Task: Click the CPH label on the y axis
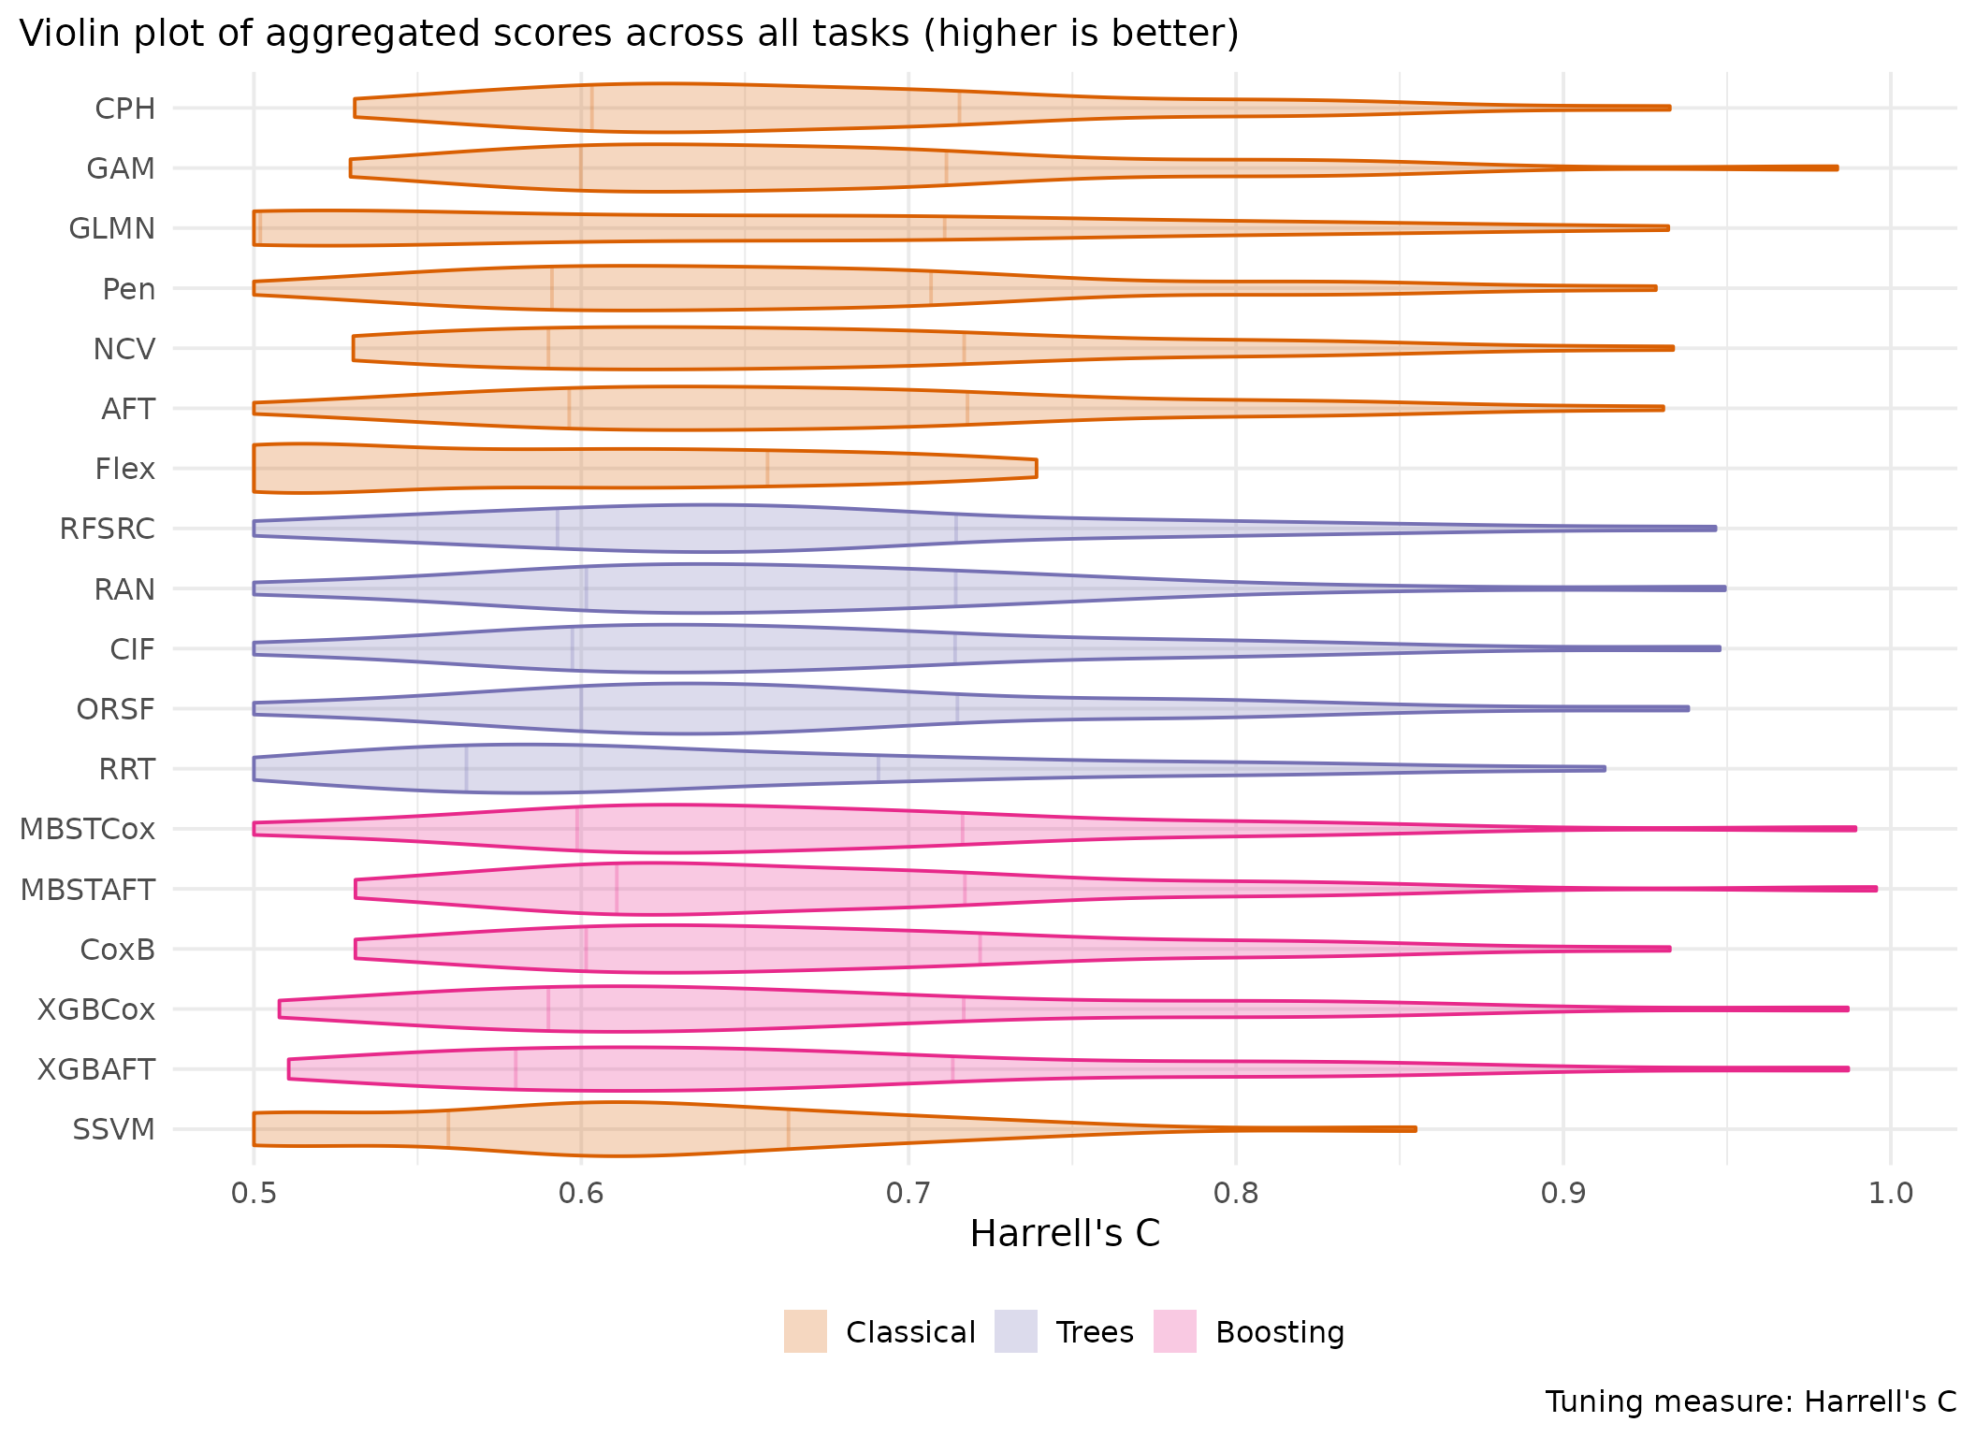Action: coord(125,109)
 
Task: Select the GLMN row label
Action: coord(112,228)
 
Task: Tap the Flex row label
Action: coord(125,469)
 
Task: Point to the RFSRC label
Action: coord(108,529)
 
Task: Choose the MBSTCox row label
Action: coord(87,829)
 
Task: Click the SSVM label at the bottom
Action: coord(114,1129)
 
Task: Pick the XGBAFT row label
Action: coord(96,1069)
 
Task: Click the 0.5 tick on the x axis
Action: coord(254,1194)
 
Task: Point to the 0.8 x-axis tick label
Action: coord(1236,1194)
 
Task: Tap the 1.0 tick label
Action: coord(1891,1194)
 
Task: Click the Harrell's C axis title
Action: coord(1065,1234)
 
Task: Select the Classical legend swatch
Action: coord(806,1331)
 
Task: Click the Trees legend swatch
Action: coord(1016,1331)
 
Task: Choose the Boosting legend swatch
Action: coord(1175,1331)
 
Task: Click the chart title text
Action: coord(629,34)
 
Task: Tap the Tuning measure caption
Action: coord(1751,1401)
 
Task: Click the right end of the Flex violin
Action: coord(1036,469)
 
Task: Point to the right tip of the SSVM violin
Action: coord(1415,1129)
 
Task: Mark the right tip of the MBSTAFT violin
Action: coord(1875,889)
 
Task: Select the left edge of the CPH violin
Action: coord(356,109)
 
